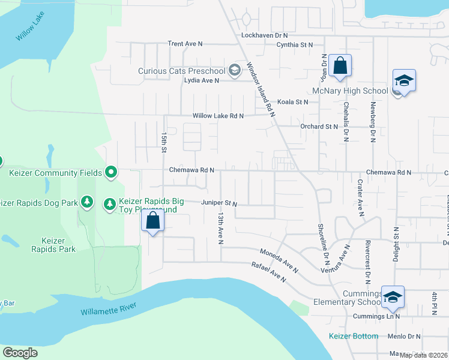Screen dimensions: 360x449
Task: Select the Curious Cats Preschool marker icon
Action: click(234, 71)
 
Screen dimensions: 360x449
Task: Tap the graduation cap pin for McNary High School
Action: click(404, 80)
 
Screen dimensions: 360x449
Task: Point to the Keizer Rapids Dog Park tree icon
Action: click(88, 202)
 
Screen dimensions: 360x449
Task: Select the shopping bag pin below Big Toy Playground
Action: click(153, 221)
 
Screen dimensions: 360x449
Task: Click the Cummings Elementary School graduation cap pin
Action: click(392, 296)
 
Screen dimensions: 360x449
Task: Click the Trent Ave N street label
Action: click(185, 44)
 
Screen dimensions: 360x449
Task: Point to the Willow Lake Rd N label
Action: click(218, 116)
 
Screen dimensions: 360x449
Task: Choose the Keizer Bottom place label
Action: click(354, 336)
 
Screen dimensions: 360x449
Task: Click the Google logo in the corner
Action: click(20, 352)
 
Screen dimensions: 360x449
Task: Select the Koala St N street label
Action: click(292, 102)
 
